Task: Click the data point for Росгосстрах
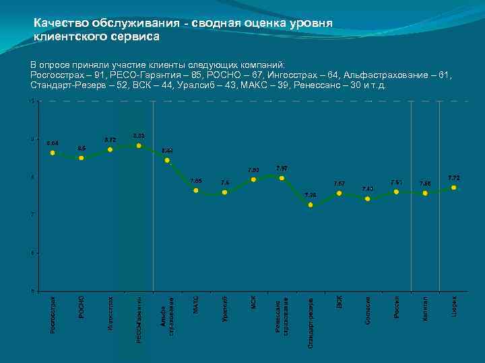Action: click(53, 153)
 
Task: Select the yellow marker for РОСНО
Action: click(82, 158)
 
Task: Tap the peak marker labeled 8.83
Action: click(139, 145)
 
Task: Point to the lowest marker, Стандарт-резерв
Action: click(311, 204)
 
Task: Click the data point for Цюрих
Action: click(454, 188)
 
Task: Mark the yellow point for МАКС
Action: click(196, 190)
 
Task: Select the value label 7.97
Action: click(282, 167)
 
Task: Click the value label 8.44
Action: click(168, 151)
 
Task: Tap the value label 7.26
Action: click(311, 195)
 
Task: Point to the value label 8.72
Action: click(110, 140)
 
